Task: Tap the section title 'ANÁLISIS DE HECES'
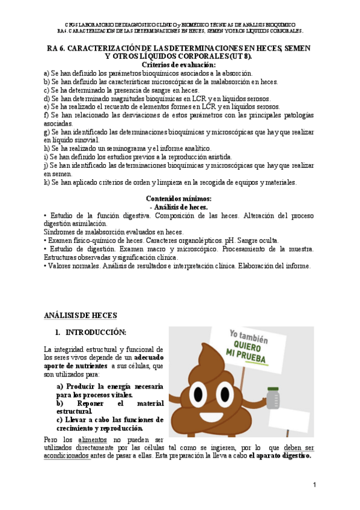pos(81,315)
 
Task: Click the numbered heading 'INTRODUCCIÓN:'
pos(96,332)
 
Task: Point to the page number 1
pos(314,484)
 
